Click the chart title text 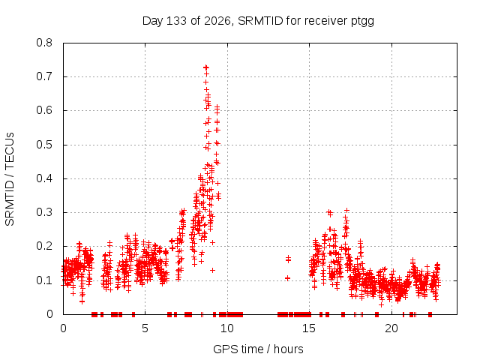point(258,21)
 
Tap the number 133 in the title point(176,21)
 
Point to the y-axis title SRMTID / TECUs point(10,179)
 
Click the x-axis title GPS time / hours point(258,349)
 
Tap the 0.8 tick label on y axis point(44,43)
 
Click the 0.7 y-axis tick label point(44,76)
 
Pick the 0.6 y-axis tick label point(44,110)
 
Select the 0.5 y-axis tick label point(44,145)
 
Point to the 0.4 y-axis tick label point(44,178)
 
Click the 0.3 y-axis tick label point(44,212)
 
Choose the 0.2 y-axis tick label point(44,247)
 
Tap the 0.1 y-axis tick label point(44,280)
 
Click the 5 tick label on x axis point(145,328)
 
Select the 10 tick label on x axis point(227,328)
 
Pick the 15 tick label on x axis point(309,328)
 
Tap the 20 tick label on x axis point(391,328)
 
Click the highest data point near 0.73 point(206,67)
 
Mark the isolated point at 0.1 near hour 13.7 point(287,278)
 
